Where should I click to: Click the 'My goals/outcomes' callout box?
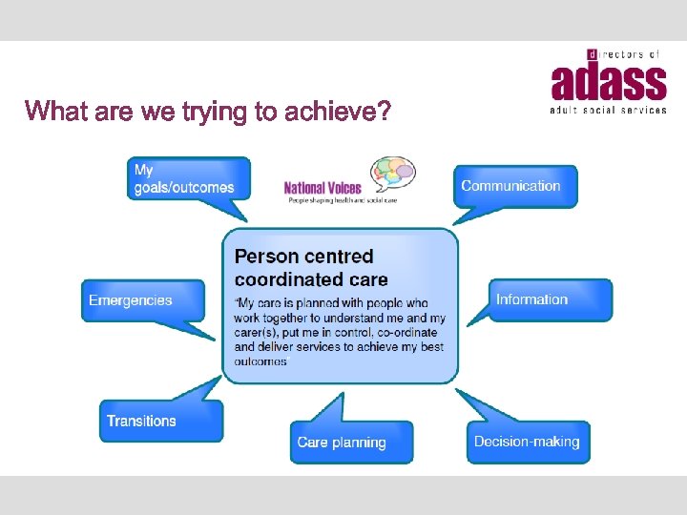point(188,178)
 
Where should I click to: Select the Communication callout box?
point(515,186)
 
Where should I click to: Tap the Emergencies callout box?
point(141,300)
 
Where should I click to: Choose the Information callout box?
point(550,299)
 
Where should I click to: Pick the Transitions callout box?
point(160,421)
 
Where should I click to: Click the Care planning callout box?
point(351,442)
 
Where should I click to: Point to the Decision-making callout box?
point(528,442)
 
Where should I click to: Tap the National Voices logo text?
point(323,188)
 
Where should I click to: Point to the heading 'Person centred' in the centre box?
point(303,257)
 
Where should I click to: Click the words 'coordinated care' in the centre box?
point(311,279)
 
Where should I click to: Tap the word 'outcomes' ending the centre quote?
point(260,361)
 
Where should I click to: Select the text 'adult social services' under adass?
point(607,111)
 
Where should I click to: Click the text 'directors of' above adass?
point(624,55)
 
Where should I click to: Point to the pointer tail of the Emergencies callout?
point(212,330)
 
